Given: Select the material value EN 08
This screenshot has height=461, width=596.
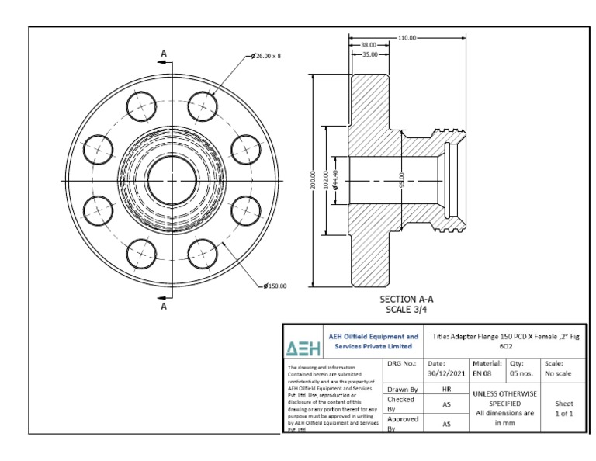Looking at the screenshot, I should (x=482, y=373).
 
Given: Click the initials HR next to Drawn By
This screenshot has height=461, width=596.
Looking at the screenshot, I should (x=445, y=388).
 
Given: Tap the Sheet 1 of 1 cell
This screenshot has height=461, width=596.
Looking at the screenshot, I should (x=563, y=409).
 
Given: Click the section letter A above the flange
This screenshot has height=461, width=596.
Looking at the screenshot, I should (x=164, y=54).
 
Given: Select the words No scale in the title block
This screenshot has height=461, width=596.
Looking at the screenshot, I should (x=563, y=373).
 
